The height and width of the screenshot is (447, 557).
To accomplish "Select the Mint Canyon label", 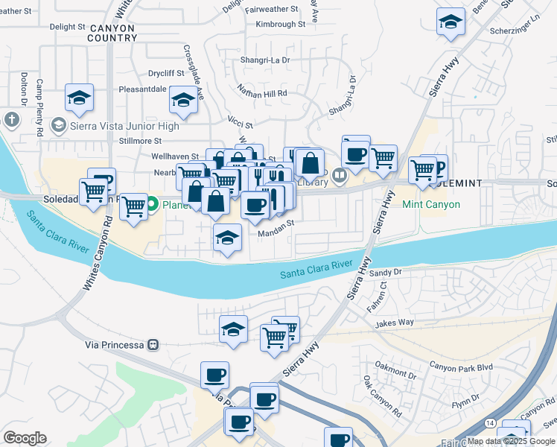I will point(431,204).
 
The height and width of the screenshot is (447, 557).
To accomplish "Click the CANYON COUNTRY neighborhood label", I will point(111,33).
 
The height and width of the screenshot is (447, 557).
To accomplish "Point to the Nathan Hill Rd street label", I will point(262,93).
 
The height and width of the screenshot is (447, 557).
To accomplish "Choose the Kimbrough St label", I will point(281,24).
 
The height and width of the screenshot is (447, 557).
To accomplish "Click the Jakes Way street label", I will point(394,323).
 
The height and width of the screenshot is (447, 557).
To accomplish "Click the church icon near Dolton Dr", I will point(11,119).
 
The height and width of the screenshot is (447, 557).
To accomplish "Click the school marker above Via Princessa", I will point(233,328).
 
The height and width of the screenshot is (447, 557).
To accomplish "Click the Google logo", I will point(25,438).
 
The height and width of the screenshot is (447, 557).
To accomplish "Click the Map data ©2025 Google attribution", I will point(510,442).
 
